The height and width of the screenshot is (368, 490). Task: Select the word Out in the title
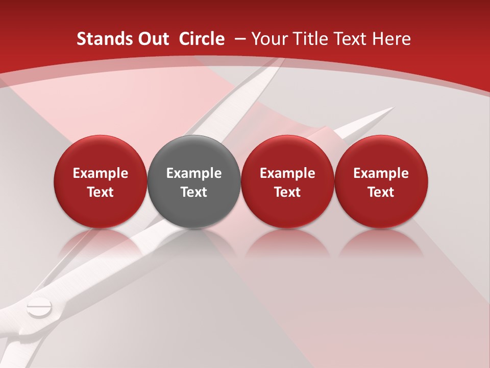[x=152, y=39]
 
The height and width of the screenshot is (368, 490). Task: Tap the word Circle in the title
[x=202, y=39]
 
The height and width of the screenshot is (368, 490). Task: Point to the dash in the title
[x=240, y=39]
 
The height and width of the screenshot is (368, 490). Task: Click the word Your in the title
[x=268, y=39]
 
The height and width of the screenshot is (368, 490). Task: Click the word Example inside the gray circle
[x=194, y=173]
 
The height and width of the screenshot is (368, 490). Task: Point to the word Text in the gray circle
[x=194, y=192]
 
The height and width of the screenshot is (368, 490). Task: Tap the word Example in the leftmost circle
[x=101, y=173]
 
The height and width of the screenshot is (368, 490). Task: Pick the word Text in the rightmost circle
[x=381, y=192]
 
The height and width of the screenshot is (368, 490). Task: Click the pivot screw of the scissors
[x=39, y=308]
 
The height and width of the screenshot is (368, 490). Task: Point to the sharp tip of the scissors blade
[x=393, y=108]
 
